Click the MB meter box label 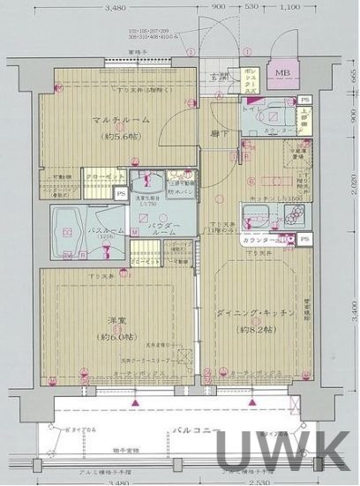[281, 72]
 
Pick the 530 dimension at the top [251, 7]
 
